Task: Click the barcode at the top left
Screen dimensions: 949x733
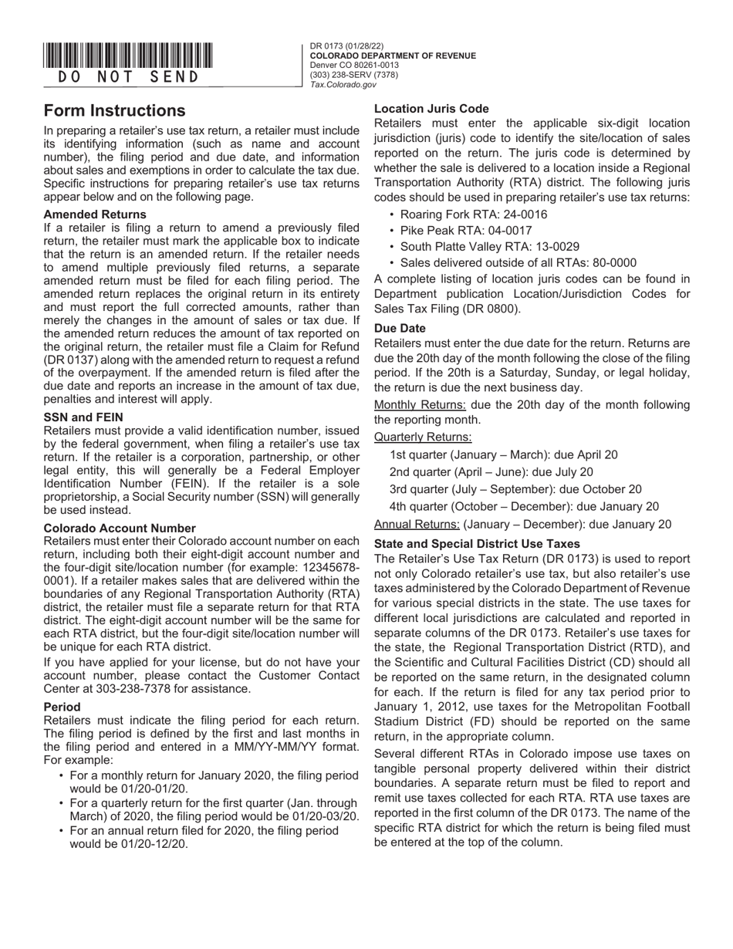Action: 128,56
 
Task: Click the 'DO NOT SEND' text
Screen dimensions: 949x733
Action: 128,77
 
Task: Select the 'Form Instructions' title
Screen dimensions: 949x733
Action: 114,110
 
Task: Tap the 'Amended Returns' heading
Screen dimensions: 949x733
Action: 95,214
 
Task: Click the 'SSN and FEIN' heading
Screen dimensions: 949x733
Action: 83,417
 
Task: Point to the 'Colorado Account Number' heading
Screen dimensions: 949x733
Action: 120,528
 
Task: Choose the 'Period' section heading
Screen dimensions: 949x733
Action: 62,706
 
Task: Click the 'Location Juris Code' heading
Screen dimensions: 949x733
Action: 431,109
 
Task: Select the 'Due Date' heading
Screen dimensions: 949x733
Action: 400,328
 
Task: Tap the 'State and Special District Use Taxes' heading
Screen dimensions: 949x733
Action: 477,543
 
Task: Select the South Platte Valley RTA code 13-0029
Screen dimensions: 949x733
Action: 551,246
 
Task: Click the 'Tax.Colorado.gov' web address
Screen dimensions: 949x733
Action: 343,85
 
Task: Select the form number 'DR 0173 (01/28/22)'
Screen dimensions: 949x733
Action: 346,46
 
